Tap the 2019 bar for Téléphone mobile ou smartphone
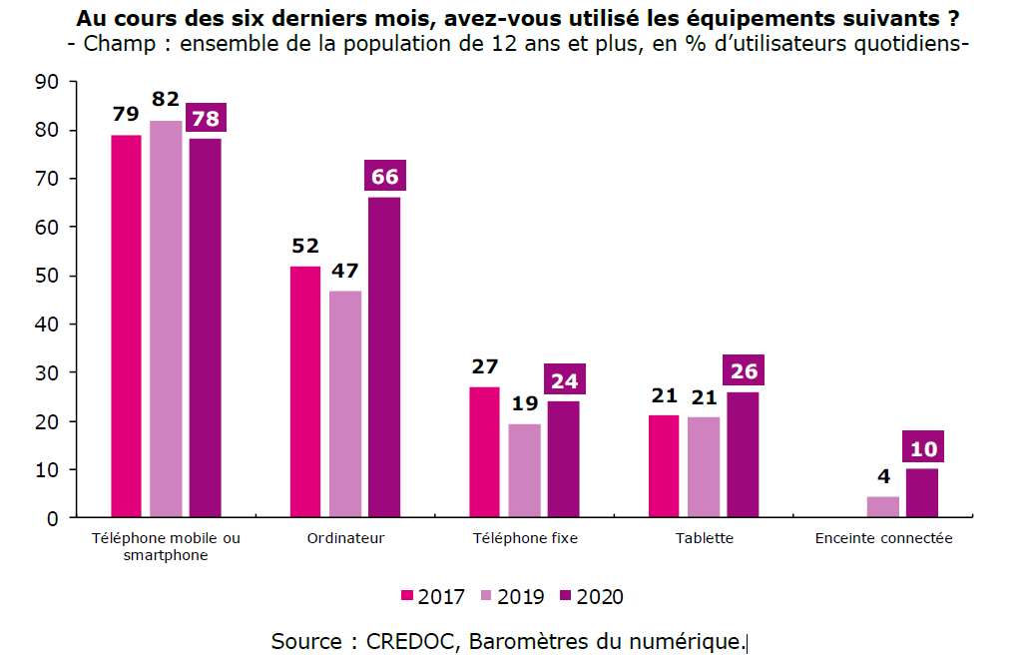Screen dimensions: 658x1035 pyautogui.click(x=167, y=320)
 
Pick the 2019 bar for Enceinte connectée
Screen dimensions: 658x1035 pyautogui.click(x=883, y=507)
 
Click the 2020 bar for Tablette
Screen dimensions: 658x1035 pyautogui.click(x=743, y=455)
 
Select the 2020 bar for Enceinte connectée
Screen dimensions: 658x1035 pyautogui.click(x=922, y=493)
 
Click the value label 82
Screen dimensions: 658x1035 pyautogui.click(x=166, y=99)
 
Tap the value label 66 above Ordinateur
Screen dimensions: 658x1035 pyautogui.click(x=385, y=177)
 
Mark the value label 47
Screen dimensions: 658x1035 pyautogui.click(x=345, y=270)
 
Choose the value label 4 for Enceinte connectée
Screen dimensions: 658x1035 pyautogui.click(x=883, y=475)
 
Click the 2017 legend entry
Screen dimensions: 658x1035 pyautogui.click(x=433, y=596)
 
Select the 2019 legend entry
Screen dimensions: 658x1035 pyautogui.click(x=512, y=596)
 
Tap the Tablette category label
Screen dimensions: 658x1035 pyautogui.click(x=705, y=538)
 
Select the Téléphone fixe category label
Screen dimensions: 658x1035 pyautogui.click(x=525, y=538)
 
